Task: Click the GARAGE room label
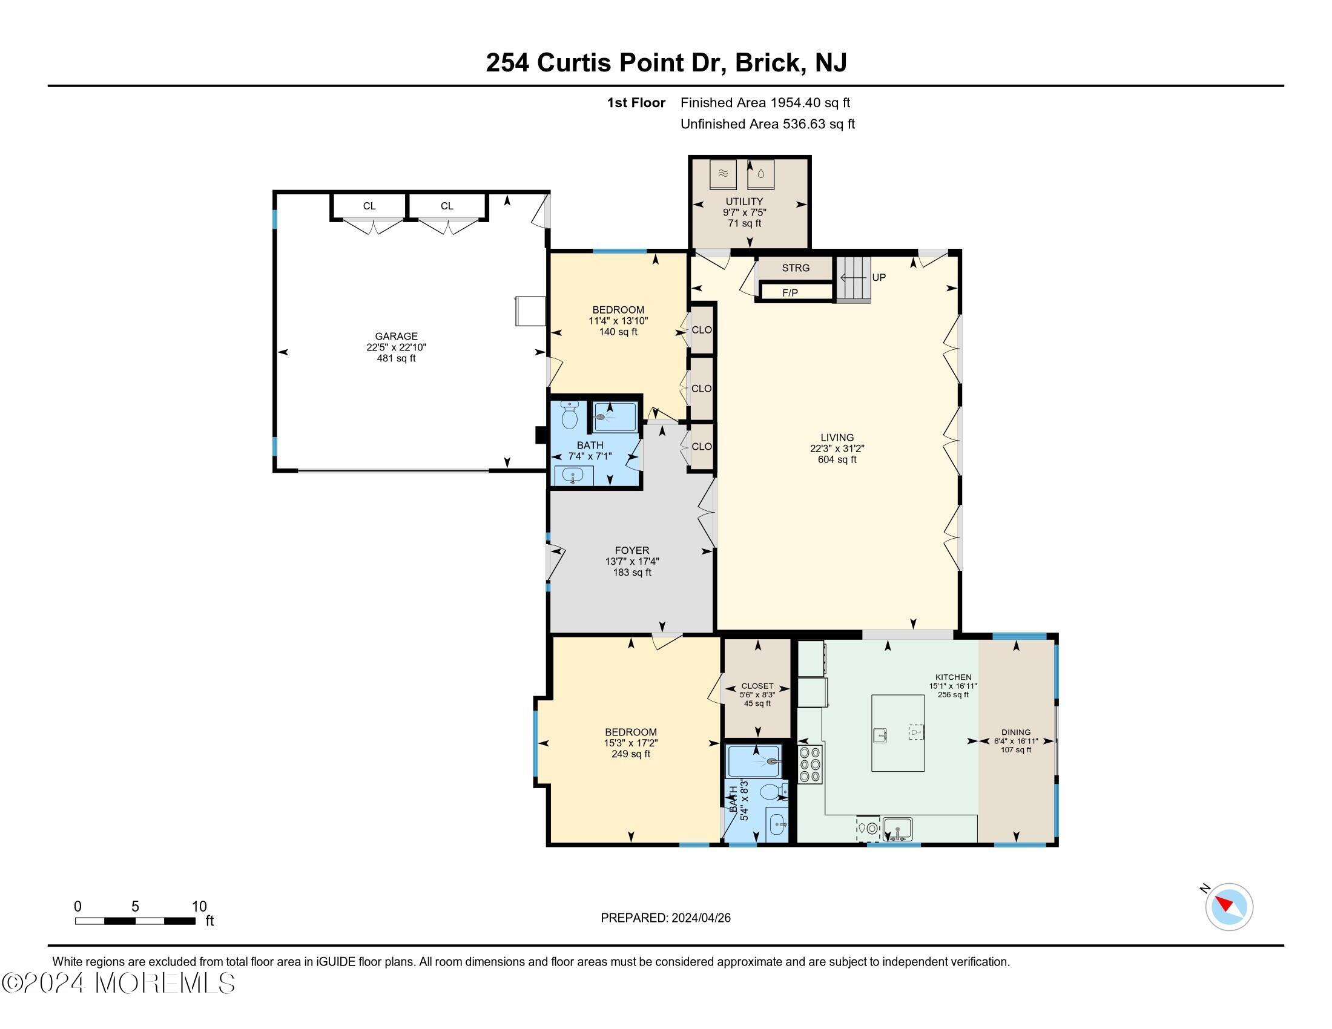(396, 337)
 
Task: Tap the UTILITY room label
(744, 202)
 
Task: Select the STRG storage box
(796, 268)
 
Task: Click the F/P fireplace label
(790, 293)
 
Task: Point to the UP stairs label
(879, 277)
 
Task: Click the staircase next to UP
(852, 280)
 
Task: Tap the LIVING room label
(837, 438)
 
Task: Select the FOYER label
(632, 550)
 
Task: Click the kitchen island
(897, 734)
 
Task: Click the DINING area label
(1015, 732)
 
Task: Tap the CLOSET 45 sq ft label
(757, 686)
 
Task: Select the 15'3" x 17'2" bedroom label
(631, 732)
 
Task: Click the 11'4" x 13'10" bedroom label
(618, 310)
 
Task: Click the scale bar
(136, 921)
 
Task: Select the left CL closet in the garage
(369, 206)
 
